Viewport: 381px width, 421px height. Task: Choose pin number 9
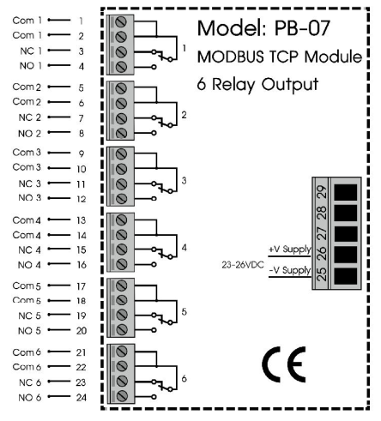tap(81, 153)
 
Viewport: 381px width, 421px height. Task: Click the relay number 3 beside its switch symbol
tap(184, 181)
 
